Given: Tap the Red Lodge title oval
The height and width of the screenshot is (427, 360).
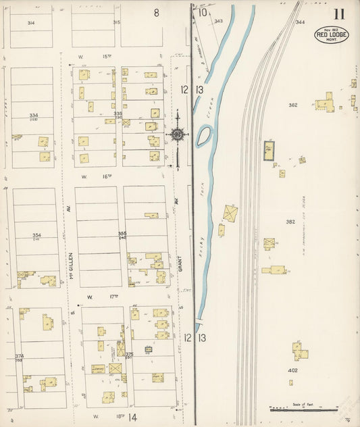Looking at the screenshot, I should point(331,35).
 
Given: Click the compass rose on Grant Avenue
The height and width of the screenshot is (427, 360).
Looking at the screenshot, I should point(178,134).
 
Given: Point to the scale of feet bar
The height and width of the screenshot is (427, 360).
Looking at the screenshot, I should point(303,409).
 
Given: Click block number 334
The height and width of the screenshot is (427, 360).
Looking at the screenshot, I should point(34,116).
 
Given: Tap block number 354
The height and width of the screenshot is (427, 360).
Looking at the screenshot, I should point(36,236).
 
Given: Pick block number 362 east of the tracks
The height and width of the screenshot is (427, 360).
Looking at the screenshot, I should point(292,105).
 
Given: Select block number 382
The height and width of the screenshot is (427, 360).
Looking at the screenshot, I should point(290,222).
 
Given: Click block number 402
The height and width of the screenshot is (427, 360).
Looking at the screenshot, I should point(292,370).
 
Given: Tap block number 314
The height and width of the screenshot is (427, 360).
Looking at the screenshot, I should point(31,23).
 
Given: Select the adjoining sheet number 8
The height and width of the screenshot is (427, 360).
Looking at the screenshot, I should point(156,12).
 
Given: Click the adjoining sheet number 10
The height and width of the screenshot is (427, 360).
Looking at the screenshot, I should point(203,11).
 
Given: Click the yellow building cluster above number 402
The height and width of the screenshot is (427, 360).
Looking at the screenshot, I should point(299,351).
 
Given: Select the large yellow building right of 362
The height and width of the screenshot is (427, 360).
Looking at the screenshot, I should point(325,104).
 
